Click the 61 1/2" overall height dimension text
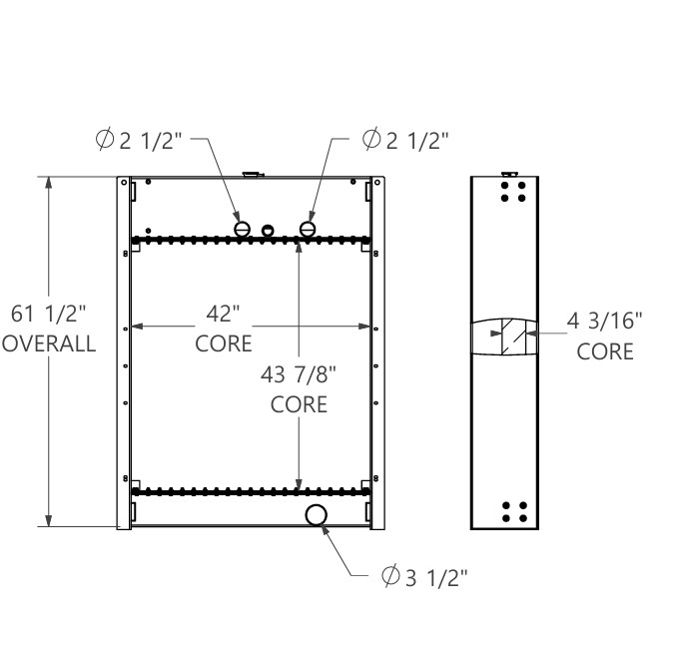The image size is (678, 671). pos(49,315)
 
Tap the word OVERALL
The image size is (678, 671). pos(49,343)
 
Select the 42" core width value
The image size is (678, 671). pos(224,315)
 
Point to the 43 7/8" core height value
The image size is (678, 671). pos(299,375)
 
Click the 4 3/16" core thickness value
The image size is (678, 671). pos(605,322)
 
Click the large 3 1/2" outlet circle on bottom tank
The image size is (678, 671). pos(316,514)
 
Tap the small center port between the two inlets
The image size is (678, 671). pos(268,231)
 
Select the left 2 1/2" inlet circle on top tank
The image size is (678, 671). pos(241,230)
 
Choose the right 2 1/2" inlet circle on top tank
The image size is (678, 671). pos(308,230)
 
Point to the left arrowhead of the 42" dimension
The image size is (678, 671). pos(138,326)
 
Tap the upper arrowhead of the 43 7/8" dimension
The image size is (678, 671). pos(299,249)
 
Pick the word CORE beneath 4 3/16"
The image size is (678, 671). pos(605,351)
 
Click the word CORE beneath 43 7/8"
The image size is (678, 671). pos(299,405)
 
